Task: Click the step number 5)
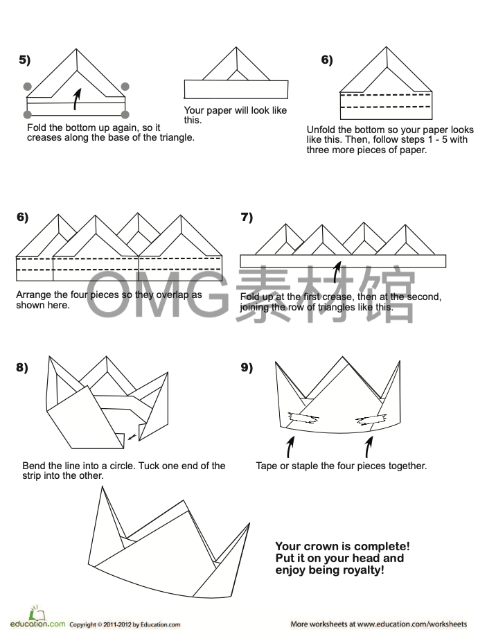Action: pos(24,60)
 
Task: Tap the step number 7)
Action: pos(247,218)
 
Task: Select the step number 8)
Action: pos(22,367)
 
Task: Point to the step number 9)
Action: pos(247,367)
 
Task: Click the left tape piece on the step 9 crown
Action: pos(302,418)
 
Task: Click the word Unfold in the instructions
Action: pos(321,130)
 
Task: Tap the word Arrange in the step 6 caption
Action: pos(34,295)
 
